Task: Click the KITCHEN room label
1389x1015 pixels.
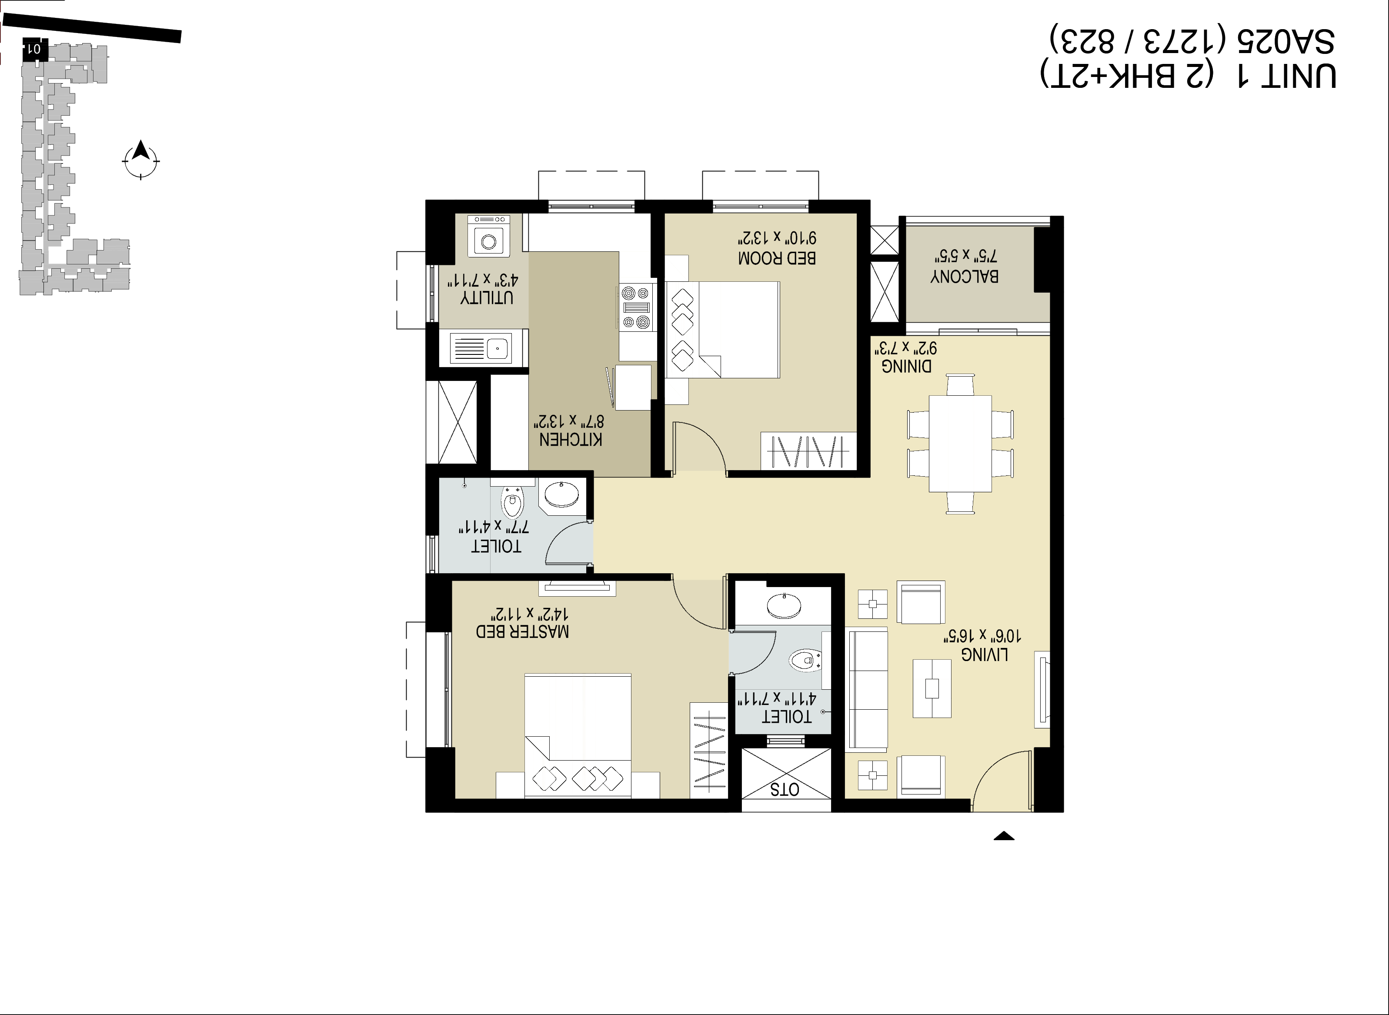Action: point(571,439)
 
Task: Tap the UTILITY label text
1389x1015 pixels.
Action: point(487,298)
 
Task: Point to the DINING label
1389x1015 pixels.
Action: point(906,366)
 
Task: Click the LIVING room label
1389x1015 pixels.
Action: point(984,655)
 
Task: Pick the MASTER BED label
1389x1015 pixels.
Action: point(522,631)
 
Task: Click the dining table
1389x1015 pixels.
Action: point(960,444)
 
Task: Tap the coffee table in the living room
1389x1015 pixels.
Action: point(932,688)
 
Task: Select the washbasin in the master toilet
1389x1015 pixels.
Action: point(784,605)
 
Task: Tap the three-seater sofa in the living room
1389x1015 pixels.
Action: point(868,689)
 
